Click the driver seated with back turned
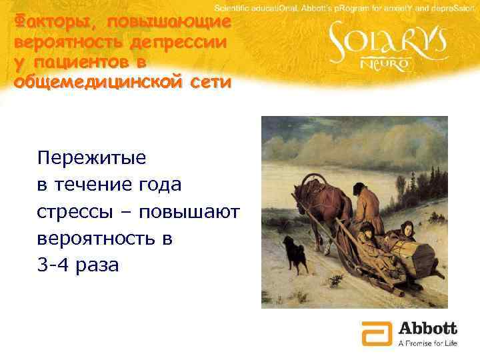(366, 203)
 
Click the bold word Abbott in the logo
(427, 328)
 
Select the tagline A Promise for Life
(427, 343)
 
